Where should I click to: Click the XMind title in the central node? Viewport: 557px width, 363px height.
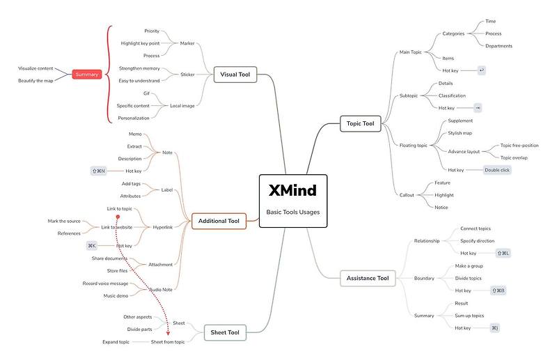point(292,190)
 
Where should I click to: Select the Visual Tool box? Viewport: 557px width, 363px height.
point(235,75)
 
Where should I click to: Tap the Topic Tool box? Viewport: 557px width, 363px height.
point(360,124)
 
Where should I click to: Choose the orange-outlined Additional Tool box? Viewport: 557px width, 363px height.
point(219,221)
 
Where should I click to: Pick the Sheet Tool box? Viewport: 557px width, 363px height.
point(225,332)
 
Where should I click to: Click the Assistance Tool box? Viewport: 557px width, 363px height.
point(368,278)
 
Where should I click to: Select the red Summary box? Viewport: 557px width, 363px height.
point(87,75)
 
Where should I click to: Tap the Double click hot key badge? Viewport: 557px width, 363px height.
point(497,169)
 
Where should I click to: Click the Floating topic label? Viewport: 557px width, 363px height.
point(414,145)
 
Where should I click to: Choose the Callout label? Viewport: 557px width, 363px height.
point(407,194)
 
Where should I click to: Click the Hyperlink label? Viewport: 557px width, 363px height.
point(162,226)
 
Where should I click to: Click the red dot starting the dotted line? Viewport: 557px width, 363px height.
point(127,216)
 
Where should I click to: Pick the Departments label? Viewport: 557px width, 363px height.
point(499,46)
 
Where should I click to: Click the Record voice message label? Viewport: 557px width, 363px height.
point(105,283)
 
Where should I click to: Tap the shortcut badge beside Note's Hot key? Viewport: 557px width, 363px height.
point(98,171)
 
